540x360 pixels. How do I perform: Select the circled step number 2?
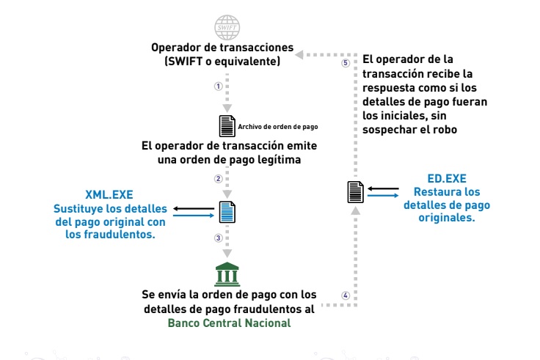click(217, 178)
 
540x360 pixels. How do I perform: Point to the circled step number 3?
click(217, 238)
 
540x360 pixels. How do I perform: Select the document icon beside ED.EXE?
click(354, 193)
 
